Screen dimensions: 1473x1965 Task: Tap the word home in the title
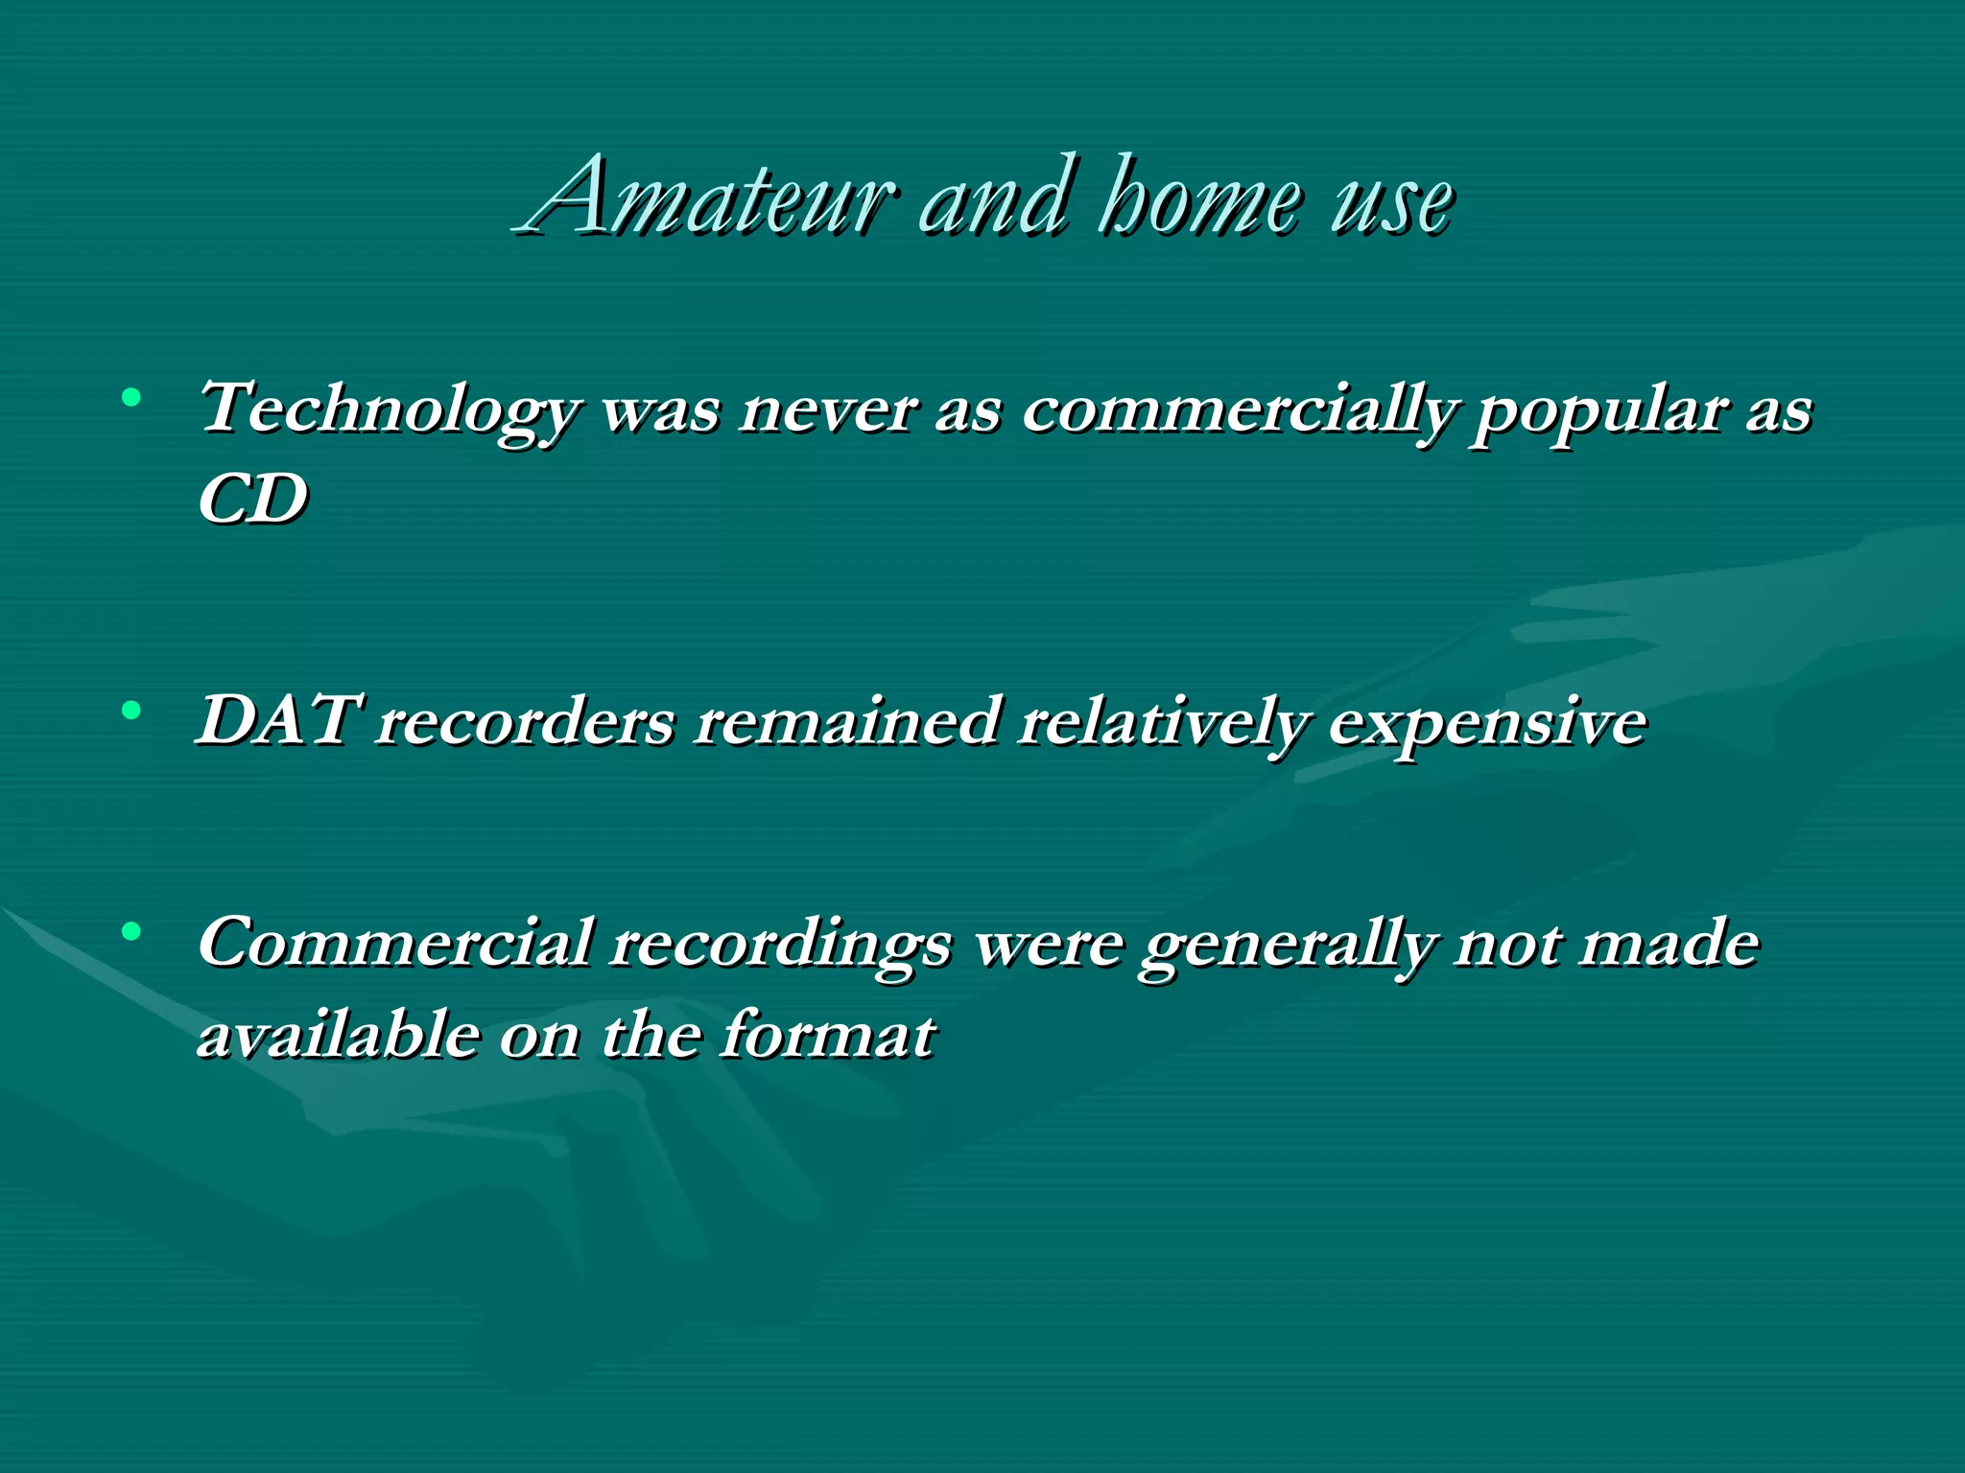(1203, 199)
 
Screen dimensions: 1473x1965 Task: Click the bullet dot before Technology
(132, 396)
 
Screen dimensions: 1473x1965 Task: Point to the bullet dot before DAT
(132, 711)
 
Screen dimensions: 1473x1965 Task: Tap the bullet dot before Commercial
(132, 930)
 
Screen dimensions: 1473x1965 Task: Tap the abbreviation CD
(252, 499)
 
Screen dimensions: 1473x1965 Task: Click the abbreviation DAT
(278, 721)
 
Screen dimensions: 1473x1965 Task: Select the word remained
(847, 721)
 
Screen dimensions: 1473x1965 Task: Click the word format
(828, 1034)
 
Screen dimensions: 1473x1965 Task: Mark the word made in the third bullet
(1669, 944)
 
